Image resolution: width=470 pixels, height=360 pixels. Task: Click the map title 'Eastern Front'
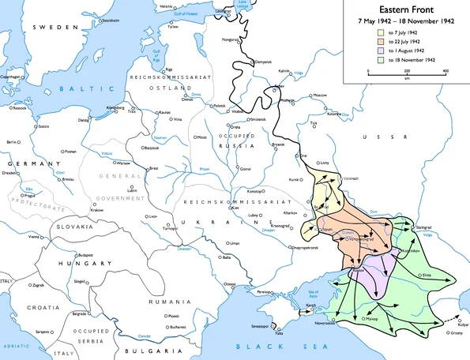tap(404, 9)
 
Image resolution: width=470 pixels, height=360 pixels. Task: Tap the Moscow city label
tap(320, 95)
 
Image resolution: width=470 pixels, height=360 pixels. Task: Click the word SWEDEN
tap(55, 27)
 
